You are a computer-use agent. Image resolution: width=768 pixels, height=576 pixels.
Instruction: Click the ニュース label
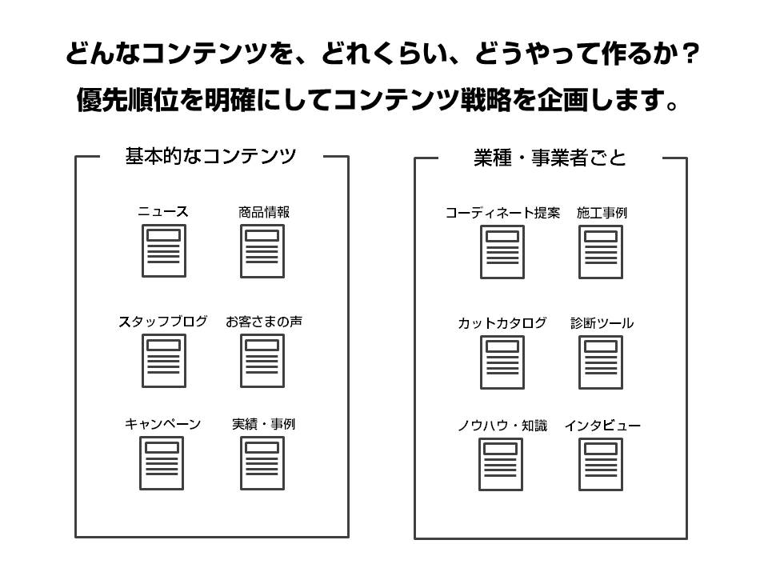coord(163,211)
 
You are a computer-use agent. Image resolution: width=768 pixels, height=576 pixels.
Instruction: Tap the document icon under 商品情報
coord(262,250)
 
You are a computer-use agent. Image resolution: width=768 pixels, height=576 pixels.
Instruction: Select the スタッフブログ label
coord(163,322)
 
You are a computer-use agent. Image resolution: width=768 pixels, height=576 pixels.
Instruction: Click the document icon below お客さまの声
coord(262,361)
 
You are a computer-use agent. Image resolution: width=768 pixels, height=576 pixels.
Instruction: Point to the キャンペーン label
coord(163,424)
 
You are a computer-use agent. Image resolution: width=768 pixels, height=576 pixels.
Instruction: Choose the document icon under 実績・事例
coord(262,463)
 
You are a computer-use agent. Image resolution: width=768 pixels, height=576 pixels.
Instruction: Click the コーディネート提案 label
coord(502,213)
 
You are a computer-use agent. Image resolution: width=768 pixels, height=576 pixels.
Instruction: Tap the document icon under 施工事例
coord(601,252)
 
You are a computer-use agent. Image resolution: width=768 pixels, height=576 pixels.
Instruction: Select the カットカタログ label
coord(502,322)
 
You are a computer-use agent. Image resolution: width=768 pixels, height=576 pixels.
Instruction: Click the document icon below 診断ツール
coord(601,362)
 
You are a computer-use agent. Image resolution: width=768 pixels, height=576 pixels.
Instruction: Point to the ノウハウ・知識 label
coord(502,426)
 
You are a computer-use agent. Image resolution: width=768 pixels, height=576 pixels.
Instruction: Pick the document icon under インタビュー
coord(601,464)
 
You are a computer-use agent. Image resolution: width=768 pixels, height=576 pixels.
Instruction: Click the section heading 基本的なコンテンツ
coord(210,156)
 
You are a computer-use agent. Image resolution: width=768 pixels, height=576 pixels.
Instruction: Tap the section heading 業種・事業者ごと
coord(550,158)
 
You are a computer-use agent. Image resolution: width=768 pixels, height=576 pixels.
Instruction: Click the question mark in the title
coord(690,53)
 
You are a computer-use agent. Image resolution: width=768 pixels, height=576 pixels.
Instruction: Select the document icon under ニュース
coord(163,250)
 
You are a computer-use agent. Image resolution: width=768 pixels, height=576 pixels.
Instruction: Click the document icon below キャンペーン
coord(162,463)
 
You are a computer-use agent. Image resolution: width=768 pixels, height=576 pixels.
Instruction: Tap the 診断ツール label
coord(602,322)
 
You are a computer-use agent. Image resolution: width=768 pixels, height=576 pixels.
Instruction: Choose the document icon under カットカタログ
coord(502,362)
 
